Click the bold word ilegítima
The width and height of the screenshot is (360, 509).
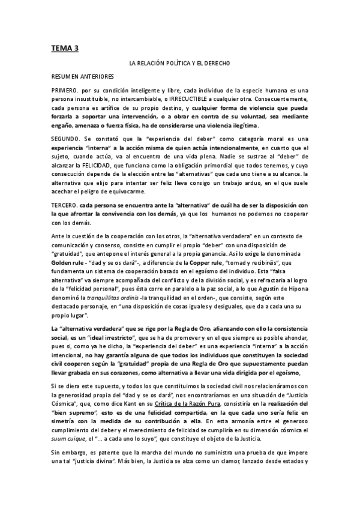[x=242, y=125]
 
